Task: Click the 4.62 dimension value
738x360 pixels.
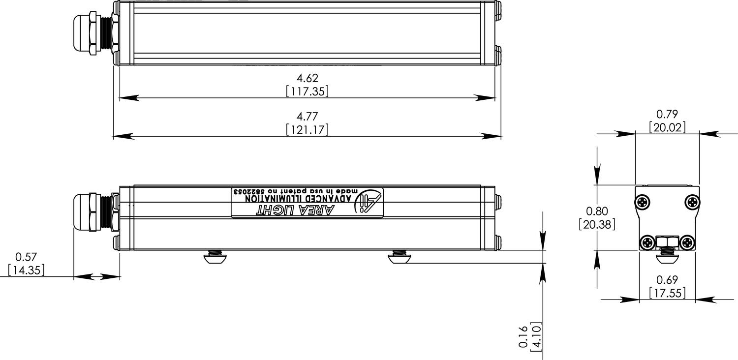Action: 307,78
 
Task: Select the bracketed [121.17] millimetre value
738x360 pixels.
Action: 307,129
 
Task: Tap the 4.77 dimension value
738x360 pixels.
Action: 307,117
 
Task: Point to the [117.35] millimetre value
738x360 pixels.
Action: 307,91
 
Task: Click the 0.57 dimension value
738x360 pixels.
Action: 26,257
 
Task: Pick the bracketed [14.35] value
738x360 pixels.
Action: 26,270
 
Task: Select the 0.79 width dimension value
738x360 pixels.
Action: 667,115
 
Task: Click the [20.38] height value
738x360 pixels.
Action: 597,224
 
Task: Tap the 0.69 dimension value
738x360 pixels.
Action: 667,280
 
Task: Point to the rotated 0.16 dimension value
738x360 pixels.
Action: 523,337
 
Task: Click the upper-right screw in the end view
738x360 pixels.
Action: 692,202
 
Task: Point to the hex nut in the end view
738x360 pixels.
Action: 667,241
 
